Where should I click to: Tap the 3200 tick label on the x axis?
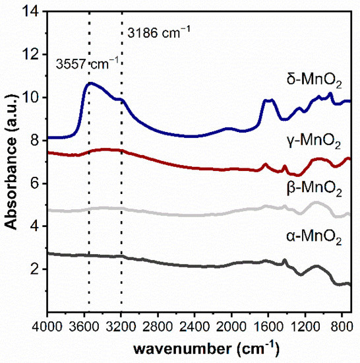click(x=121, y=326)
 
